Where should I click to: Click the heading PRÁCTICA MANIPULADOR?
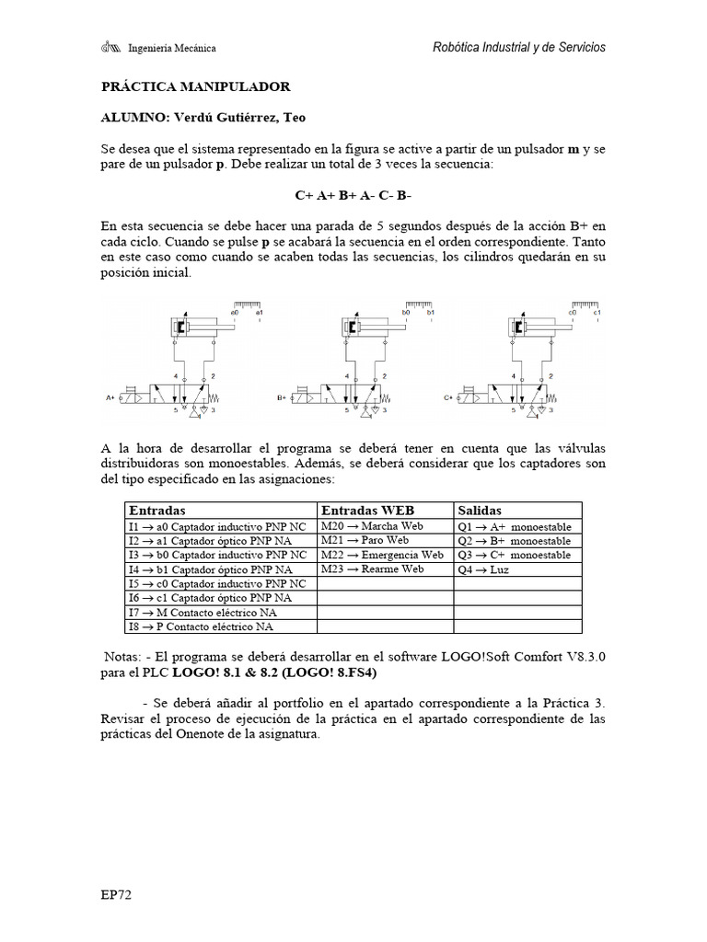pos(195,86)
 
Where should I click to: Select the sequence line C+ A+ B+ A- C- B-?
pos(353,196)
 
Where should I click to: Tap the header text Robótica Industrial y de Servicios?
pos(519,47)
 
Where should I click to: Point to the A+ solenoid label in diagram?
pos(111,398)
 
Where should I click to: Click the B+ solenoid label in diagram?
pos(283,398)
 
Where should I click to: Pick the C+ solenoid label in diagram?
pos(448,398)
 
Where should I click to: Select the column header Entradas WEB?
pos(367,511)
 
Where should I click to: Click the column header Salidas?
pos(479,511)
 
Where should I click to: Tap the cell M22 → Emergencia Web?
pos(381,555)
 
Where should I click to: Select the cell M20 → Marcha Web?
pos(371,526)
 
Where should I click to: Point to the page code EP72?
pos(117,893)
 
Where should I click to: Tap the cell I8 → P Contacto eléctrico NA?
pos(201,627)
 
